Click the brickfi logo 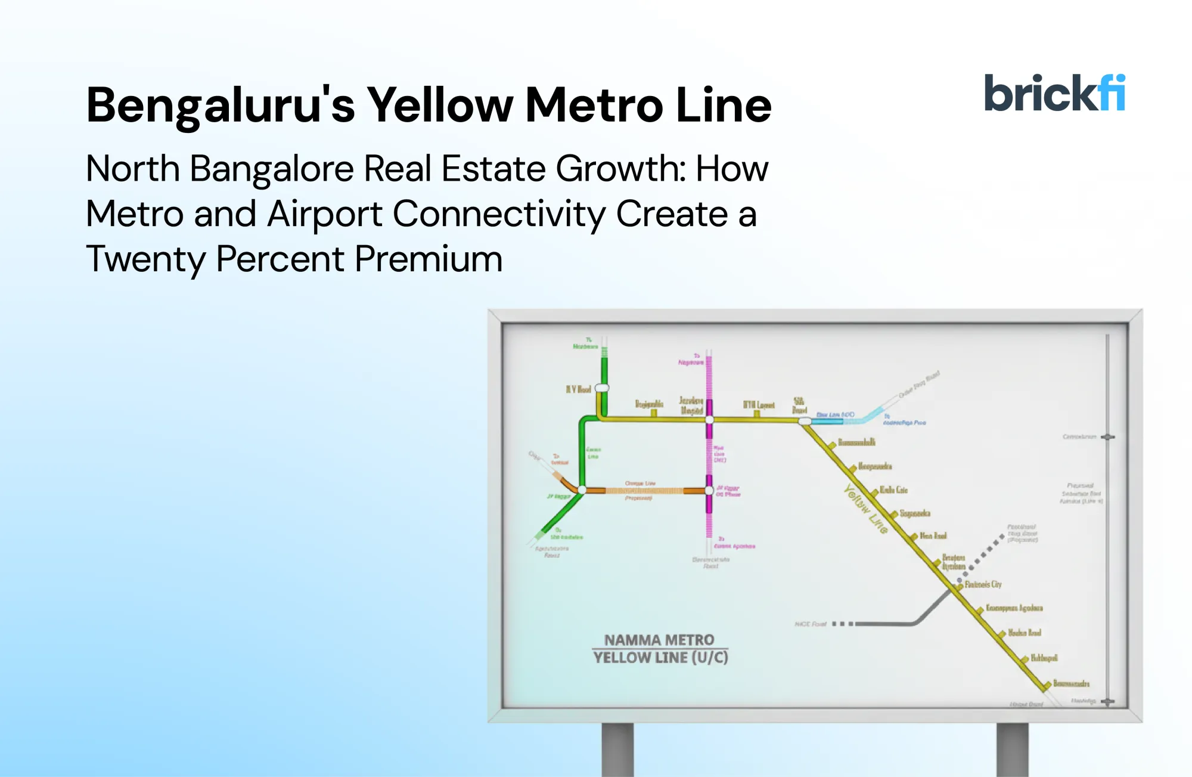(1054, 93)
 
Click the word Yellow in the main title (439, 106)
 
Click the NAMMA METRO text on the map (659, 640)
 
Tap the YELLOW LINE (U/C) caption (660, 658)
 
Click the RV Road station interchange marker (602, 388)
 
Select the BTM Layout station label (758, 405)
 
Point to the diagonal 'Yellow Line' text (866, 508)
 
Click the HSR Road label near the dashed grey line (811, 624)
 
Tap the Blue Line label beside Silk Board (834, 414)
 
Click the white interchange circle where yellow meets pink (709, 420)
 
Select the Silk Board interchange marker (805, 421)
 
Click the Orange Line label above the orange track (640, 483)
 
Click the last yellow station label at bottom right (1071, 683)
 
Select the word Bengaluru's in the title (221, 106)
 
